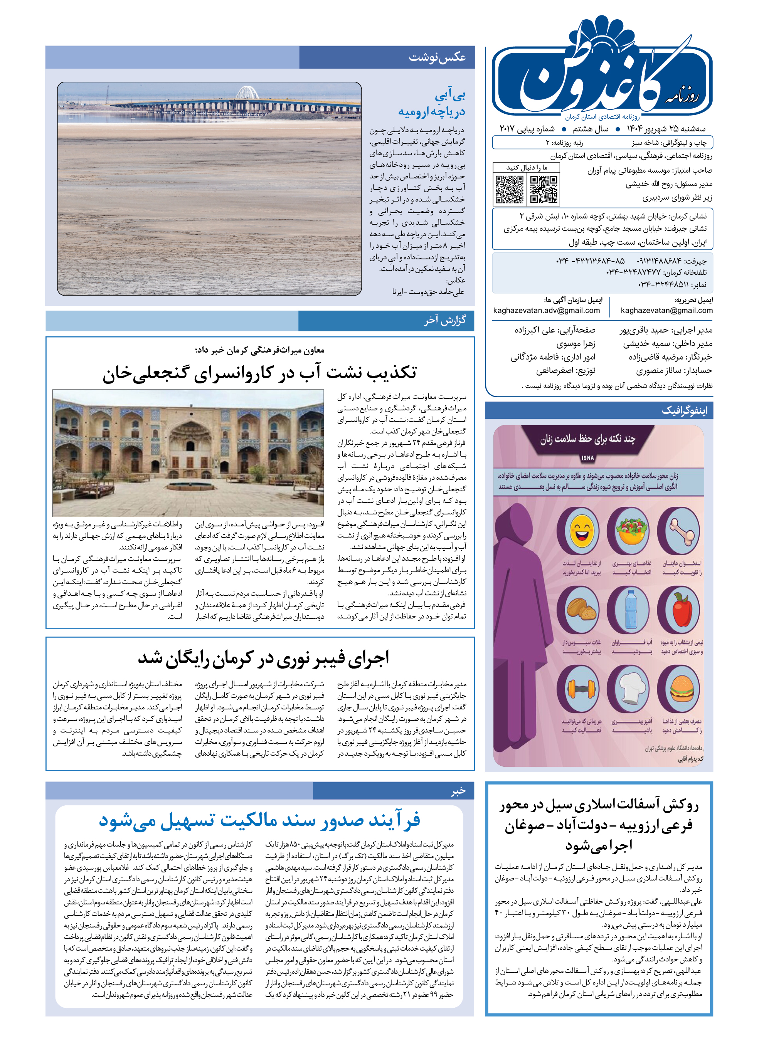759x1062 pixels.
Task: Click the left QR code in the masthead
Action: tap(510, 189)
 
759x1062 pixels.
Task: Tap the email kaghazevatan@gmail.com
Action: tap(666, 310)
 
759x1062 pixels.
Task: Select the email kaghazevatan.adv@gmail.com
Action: tap(546, 310)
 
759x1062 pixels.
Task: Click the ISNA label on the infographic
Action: tap(587, 458)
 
